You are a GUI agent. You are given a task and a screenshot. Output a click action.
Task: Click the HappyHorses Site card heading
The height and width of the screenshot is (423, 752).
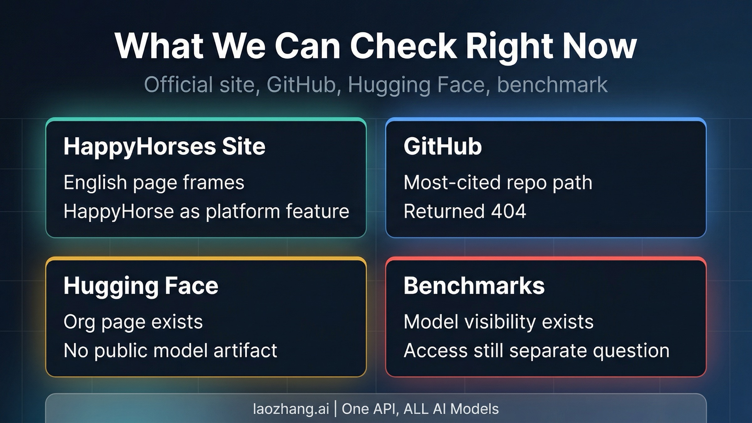click(x=164, y=146)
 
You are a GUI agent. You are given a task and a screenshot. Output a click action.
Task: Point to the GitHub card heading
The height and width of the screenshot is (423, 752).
click(x=442, y=146)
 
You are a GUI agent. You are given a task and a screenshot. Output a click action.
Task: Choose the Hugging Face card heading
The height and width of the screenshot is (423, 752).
click(x=141, y=286)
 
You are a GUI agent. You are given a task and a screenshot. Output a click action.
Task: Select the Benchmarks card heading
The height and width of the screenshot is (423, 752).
click(x=474, y=286)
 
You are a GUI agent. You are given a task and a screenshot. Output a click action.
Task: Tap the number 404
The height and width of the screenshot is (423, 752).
click(x=508, y=211)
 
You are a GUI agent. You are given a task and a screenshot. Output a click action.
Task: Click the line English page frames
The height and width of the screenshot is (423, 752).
click(x=154, y=182)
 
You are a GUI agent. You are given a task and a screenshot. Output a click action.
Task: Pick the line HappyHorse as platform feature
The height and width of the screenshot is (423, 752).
click(x=206, y=211)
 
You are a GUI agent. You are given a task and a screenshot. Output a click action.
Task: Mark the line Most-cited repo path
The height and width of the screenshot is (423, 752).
click(x=498, y=182)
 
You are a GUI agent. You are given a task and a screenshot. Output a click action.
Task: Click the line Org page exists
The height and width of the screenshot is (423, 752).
click(x=133, y=322)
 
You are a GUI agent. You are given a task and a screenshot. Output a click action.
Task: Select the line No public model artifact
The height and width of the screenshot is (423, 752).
click(x=170, y=350)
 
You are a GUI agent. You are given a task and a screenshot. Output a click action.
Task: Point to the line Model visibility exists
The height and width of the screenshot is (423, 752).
click(x=498, y=322)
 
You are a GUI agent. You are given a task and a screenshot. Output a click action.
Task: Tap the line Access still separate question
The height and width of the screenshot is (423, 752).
click(x=536, y=350)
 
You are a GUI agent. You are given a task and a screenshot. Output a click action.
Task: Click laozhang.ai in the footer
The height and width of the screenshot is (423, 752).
click(x=291, y=409)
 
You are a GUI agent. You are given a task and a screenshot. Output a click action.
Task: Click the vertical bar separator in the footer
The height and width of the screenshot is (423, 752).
click(x=335, y=409)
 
